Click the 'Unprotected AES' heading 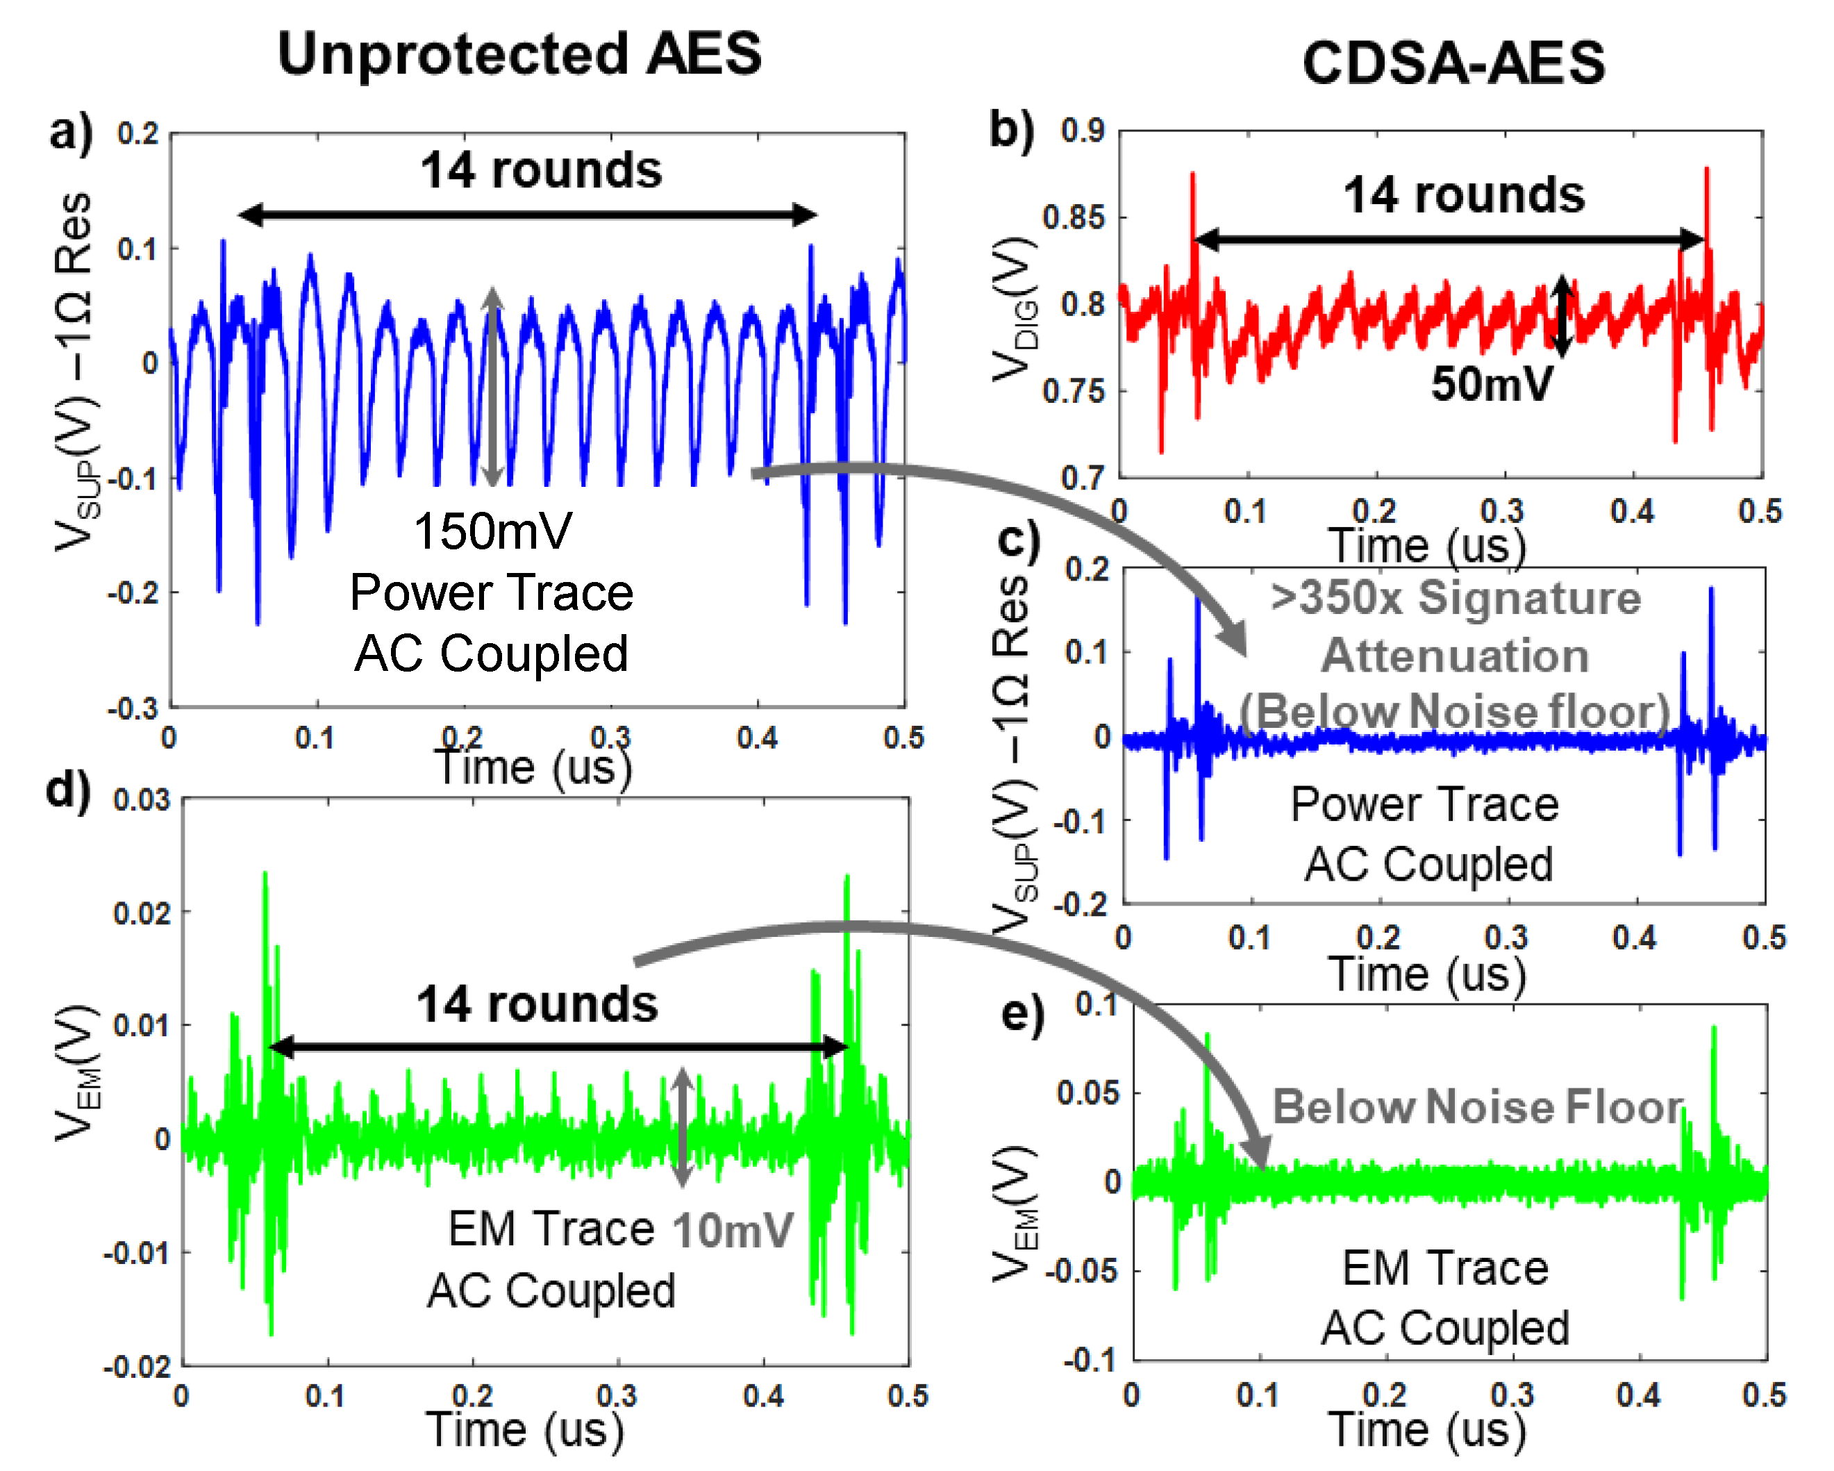click(x=519, y=53)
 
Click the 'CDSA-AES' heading click(x=1453, y=63)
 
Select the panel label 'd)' click(x=68, y=790)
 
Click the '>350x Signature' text click(x=1456, y=597)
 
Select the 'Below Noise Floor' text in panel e click(x=1478, y=1107)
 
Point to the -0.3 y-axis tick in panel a click(x=133, y=708)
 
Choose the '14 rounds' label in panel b click(x=1464, y=195)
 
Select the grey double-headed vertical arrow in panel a click(x=492, y=387)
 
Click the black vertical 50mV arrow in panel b click(x=1561, y=315)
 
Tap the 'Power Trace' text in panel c click(x=1425, y=804)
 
